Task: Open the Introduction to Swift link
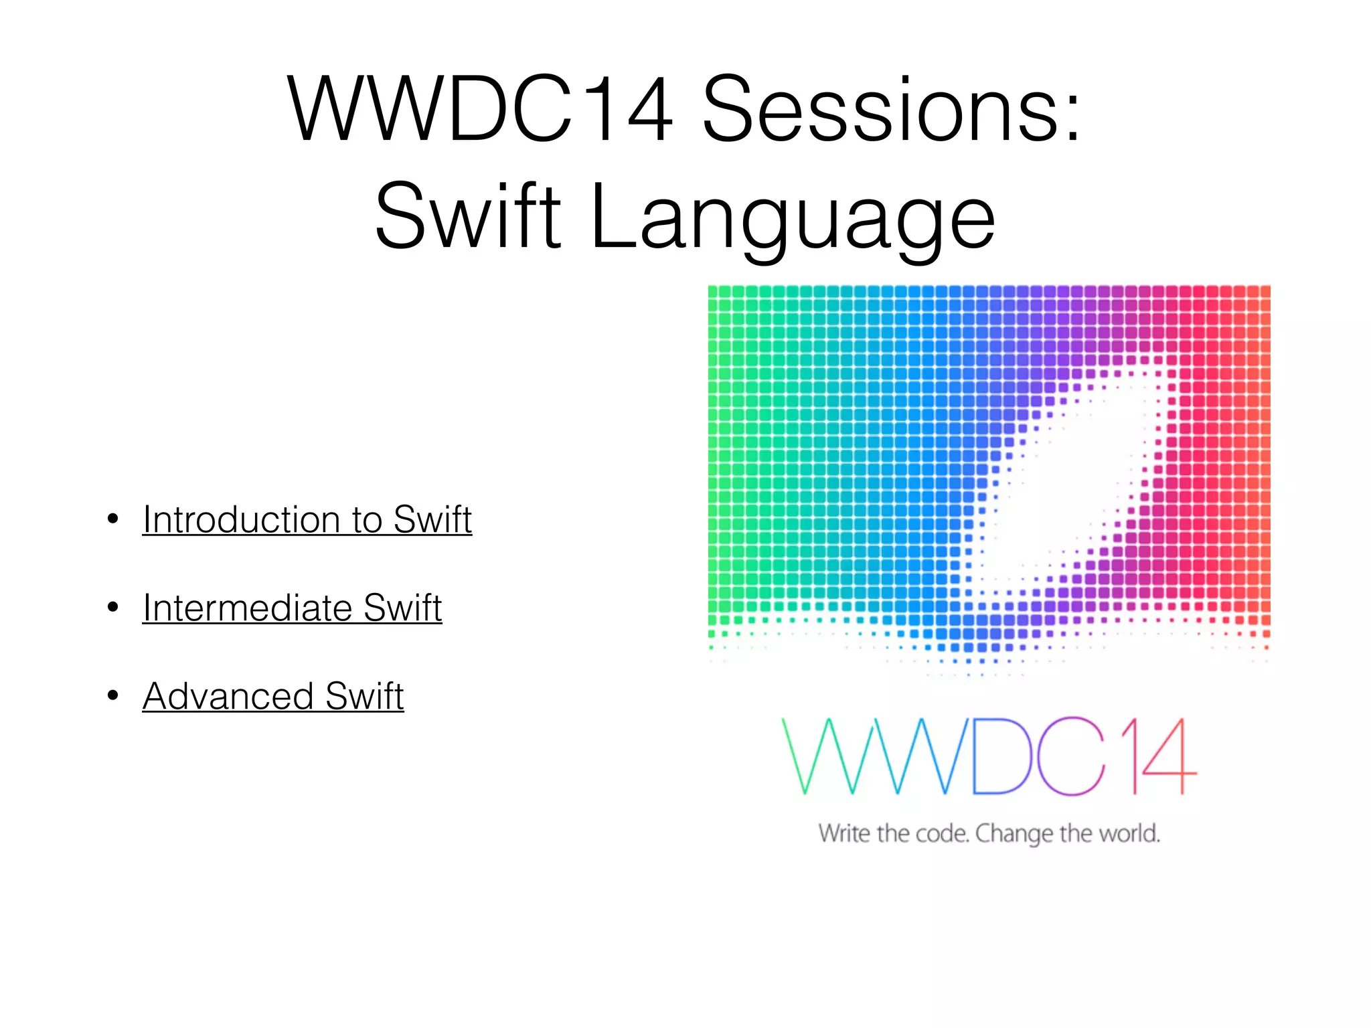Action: (307, 519)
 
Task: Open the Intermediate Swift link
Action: (292, 608)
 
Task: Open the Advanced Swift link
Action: (273, 696)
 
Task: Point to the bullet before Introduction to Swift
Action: (112, 519)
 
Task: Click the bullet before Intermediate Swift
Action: (112, 608)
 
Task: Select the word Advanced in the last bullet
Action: (228, 696)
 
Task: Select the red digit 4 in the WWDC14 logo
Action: (1168, 756)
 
